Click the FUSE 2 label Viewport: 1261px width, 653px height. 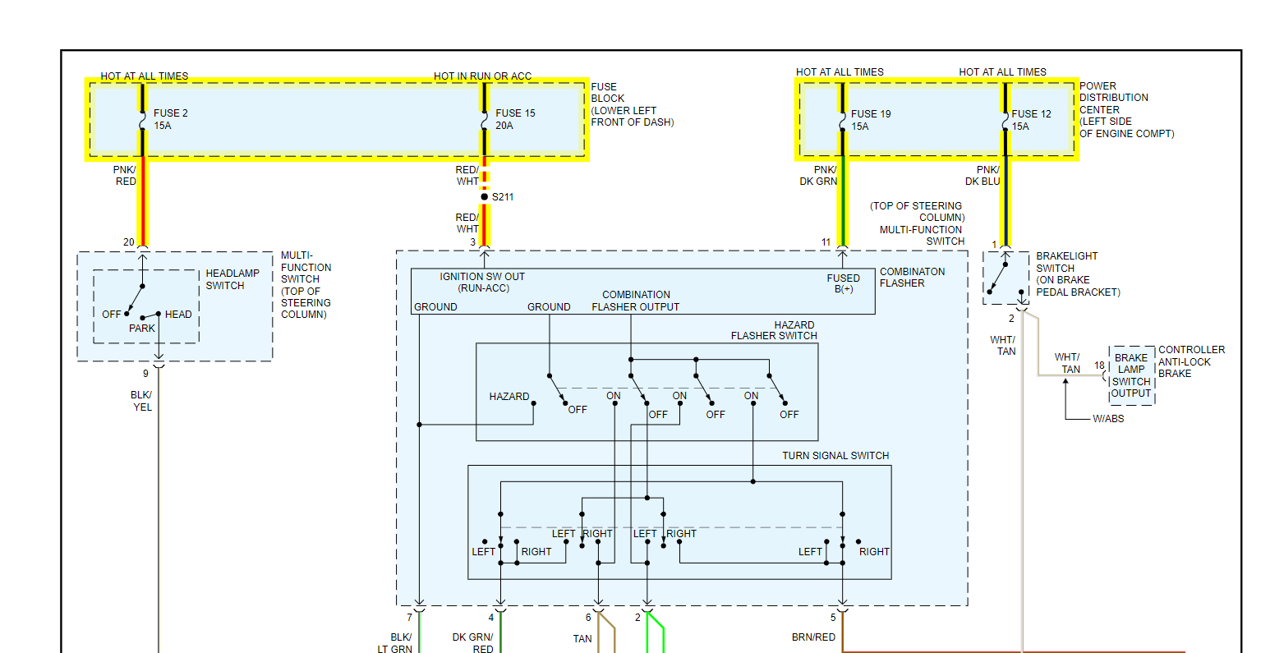click(x=171, y=113)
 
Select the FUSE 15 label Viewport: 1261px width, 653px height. click(x=515, y=113)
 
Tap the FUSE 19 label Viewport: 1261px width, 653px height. click(x=871, y=114)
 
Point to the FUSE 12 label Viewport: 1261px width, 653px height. click(x=1031, y=114)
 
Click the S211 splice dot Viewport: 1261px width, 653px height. click(x=485, y=197)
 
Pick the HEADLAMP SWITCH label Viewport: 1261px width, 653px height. click(x=232, y=279)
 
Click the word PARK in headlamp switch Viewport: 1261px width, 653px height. click(x=142, y=329)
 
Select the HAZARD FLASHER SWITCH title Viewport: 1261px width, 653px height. click(x=774, y=330)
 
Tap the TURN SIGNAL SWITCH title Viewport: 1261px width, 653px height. click(x=835, y=456)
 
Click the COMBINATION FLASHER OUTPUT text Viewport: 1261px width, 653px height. click(x=636, y=301)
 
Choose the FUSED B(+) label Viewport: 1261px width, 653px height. click(x=844, y=283)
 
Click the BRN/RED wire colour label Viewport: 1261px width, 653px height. click(x=813, y=637)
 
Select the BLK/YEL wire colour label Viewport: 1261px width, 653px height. click(x=142, y=401)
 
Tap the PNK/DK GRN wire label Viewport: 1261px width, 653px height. click(x=819, y=176)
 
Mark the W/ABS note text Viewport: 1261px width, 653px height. click(x=1108, y=419)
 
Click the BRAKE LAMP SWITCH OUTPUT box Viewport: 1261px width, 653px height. click(x=1131, y=375)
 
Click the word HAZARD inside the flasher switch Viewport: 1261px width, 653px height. click(x=509, y=397)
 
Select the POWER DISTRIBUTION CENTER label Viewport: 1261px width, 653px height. click(x=1126, y=109)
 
